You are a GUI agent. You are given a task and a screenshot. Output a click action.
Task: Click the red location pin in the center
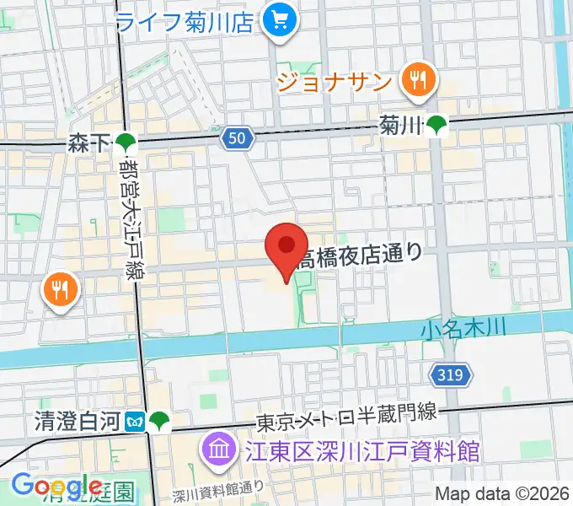pos(286,247)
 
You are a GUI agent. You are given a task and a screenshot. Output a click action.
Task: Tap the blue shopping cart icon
pos(276,19)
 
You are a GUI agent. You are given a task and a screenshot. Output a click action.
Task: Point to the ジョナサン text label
pos(335,83)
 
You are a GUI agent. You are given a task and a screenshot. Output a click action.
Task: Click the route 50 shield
pos(239,137)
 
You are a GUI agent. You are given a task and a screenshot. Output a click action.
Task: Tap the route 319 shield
pos(451,374)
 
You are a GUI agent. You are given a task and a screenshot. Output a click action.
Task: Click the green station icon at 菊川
pos(436,126)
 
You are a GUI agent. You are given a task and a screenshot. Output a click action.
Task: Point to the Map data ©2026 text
pos(501,494)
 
